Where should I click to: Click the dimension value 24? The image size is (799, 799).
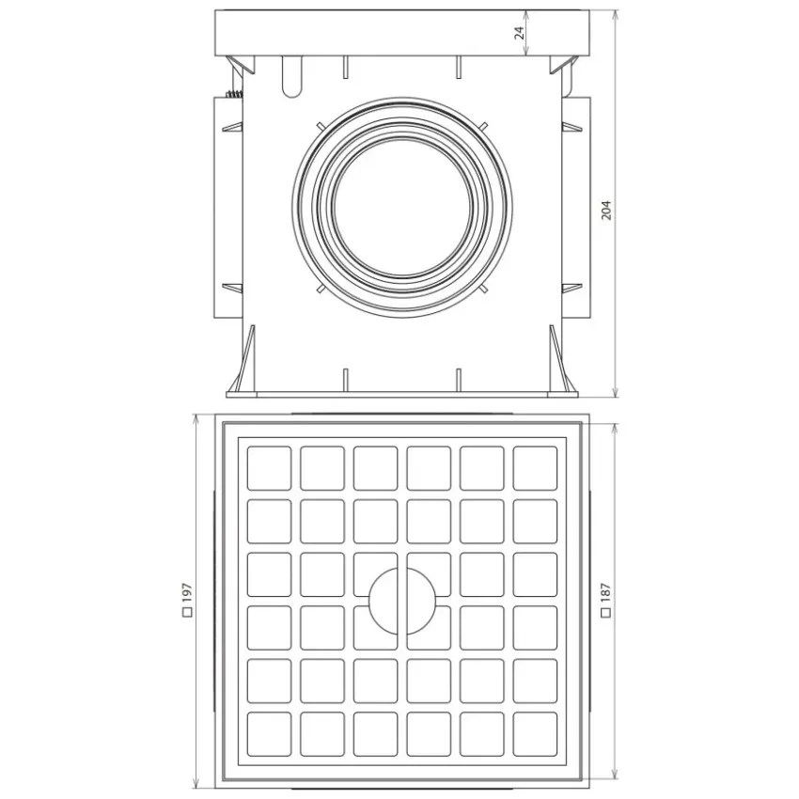pyautogui.click(x=519, y=33)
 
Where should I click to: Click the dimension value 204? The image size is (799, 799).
pyautogui.click(x=606, y=210)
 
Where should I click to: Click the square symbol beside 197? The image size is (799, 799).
pyautogui.click(x=187, y=613)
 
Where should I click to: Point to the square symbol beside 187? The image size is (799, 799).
pyautogui.click(x=606, y=613)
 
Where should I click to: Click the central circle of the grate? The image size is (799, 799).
pyautogui.click(x=402, y=602)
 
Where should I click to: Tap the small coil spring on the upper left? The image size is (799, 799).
pyautogui.click(x=234, y=94)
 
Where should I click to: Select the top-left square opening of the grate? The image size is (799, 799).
pyautogui.click(x=269, y=468)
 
